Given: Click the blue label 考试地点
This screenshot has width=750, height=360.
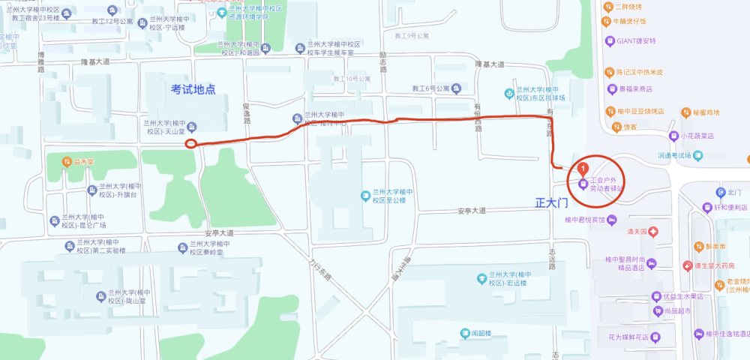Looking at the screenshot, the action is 193,89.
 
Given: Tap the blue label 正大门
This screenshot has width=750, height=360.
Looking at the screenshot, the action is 553,202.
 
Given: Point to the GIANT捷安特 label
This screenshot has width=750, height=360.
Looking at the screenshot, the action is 637,40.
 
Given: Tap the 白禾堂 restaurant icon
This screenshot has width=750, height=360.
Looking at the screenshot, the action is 67,161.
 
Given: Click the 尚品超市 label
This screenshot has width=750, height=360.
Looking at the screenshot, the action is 676,310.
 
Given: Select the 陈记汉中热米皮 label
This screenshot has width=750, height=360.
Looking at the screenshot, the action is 640,73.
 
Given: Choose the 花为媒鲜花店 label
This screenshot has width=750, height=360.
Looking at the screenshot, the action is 625,337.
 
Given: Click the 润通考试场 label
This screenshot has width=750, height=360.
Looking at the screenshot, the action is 673,156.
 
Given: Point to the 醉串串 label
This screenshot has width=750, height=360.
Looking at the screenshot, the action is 715,246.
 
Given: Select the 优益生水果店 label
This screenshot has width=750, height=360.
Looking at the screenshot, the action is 682,296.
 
